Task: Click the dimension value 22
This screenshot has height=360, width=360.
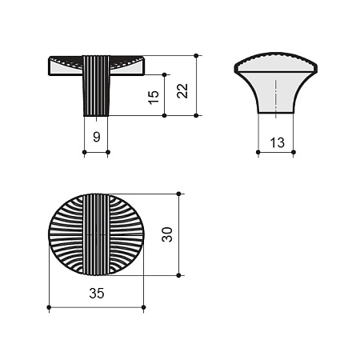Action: [182, 91]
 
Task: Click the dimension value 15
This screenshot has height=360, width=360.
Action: [153, 98]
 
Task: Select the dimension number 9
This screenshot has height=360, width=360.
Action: [97, 137]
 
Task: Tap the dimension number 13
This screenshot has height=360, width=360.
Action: [278, 142]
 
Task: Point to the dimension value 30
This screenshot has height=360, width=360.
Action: [167, 234]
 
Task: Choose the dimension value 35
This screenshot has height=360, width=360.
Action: [97, 294]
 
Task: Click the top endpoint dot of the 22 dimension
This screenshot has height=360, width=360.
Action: [196, 55]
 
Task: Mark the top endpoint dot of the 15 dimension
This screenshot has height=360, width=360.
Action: [164, 74]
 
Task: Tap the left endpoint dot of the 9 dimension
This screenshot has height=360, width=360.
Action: [84, 152]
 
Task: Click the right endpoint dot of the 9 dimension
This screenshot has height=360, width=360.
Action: [108, 152]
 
